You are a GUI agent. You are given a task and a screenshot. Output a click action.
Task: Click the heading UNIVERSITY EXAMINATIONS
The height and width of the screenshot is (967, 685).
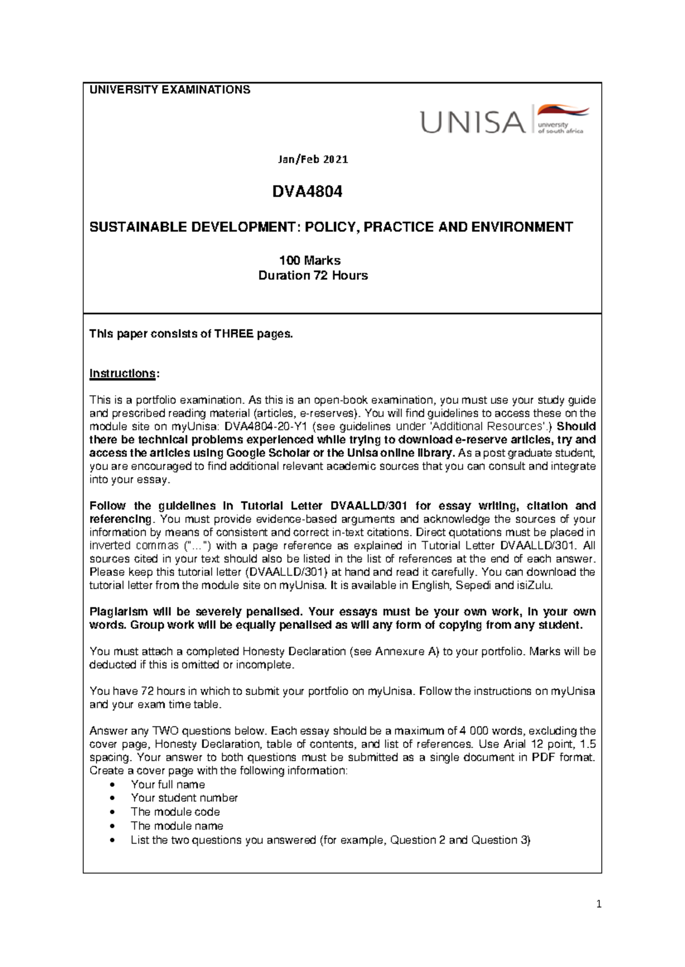coord(170,90)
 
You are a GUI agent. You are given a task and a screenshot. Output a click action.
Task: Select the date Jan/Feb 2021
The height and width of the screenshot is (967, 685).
coord(313,160)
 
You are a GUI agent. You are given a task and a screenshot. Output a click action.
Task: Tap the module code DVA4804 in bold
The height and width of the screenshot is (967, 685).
coord(307,192)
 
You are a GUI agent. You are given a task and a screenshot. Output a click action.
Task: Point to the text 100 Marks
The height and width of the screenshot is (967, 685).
coord(309,261)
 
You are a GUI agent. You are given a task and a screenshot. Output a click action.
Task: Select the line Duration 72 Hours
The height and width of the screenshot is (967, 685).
coord(313,275)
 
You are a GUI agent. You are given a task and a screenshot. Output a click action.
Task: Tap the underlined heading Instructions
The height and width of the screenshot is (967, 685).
coord(122,373)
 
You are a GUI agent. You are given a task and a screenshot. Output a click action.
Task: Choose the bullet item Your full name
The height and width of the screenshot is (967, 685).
coord(168,785)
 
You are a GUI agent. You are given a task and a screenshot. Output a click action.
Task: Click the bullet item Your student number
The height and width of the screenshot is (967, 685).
coord(184,798)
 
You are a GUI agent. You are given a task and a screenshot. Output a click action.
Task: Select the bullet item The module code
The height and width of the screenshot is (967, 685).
coord(175,812)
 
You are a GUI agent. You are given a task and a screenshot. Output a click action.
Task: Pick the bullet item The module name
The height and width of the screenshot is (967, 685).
coord(176,826)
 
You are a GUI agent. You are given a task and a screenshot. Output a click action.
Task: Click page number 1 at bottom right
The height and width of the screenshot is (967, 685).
coord(598,904)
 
